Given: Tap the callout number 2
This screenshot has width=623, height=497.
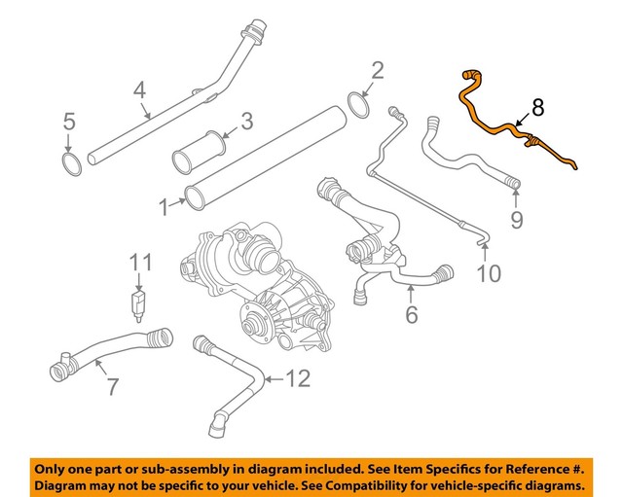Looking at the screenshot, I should coord(377,69).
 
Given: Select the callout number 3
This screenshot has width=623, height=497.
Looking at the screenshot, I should coord(246,122).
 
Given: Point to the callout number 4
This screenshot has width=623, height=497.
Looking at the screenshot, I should coord(139,92).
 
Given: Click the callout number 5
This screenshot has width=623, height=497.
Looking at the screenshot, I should coord(68,123).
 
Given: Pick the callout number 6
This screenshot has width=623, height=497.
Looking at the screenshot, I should coord(411,314).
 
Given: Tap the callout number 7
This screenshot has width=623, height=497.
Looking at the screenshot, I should coord(112,386).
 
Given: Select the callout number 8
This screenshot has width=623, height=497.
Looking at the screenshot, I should coord(538,108).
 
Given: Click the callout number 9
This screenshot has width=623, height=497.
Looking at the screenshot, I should coord(517,219).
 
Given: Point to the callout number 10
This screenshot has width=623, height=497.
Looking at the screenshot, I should coord(489,273).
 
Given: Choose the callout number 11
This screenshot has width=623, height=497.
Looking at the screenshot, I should coord(142,263).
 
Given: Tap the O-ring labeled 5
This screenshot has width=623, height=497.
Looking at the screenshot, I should coord(71,162).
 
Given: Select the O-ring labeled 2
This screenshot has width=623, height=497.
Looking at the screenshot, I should coord(358,102).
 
